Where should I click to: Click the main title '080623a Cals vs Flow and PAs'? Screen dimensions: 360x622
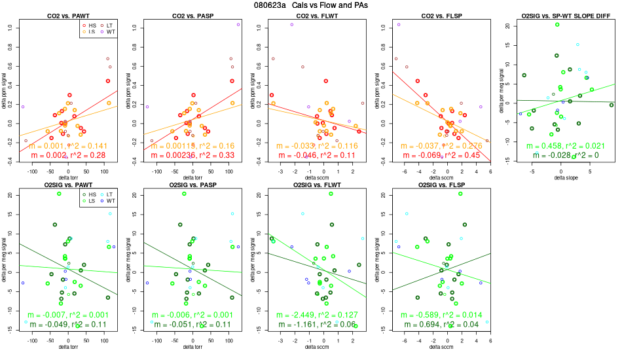pyautogui.click(x=310, y=5)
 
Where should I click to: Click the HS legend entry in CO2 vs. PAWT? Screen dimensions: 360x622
pyautogui.click(x=91, y=25)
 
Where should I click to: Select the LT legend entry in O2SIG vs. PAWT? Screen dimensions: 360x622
pyautogui.click(x=111, y=195)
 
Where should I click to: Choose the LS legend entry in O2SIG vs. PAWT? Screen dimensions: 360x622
pyautogui.click(x=91, y=201)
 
